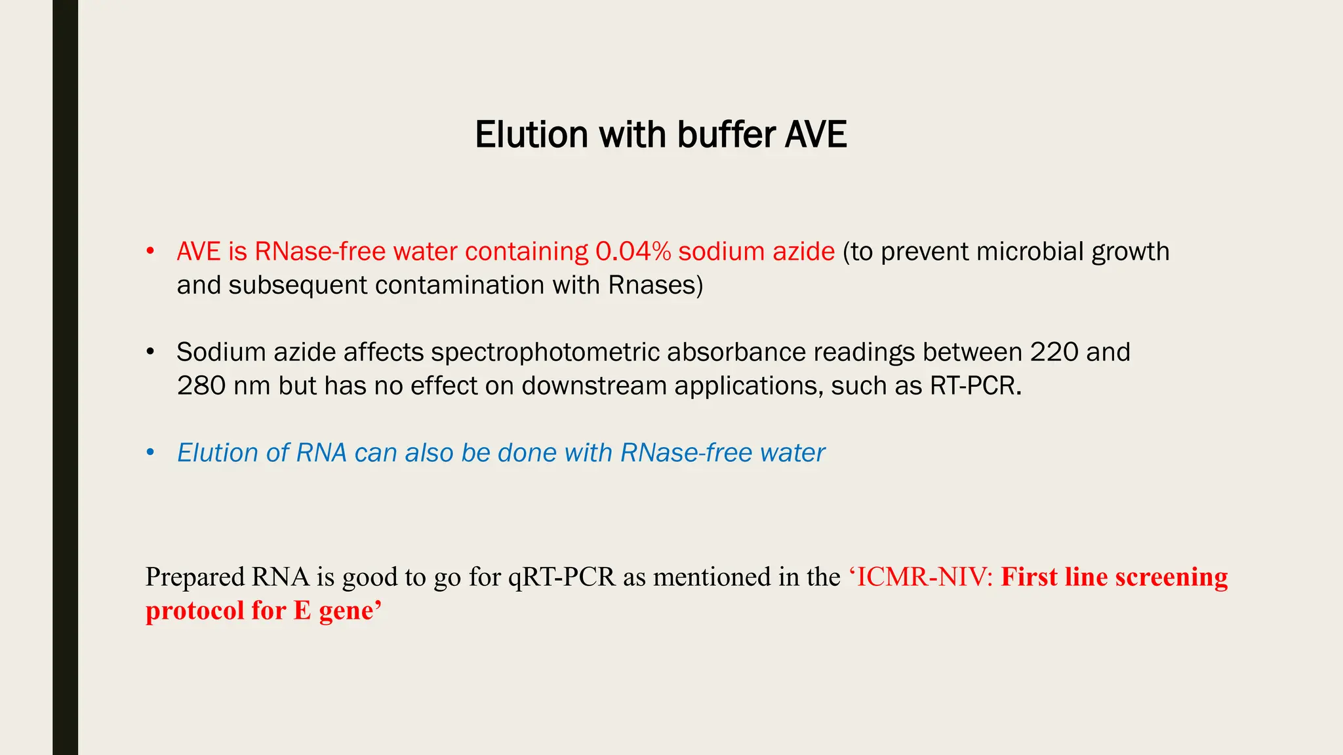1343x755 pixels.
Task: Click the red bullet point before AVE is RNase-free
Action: (150, 251)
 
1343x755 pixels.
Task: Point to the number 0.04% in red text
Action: (633, 252)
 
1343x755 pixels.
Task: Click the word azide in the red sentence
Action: (803, 252)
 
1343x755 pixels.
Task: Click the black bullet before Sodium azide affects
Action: (150, 352)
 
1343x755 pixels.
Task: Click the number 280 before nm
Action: (201, 386)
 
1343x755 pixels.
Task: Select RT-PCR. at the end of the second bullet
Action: (976, 386)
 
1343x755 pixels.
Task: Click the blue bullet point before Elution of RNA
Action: (150, 452)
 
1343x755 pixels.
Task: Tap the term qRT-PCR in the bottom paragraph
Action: (562, 577)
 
